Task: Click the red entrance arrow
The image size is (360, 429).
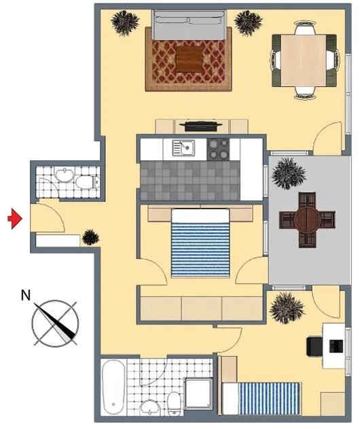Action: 15,219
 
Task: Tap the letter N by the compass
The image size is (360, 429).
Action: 26,295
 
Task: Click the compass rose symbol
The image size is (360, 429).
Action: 55,323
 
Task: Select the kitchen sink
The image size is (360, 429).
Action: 183,148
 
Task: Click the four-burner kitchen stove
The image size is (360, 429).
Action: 218,149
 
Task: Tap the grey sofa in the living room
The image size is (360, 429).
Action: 189,25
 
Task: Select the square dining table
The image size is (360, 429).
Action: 304,60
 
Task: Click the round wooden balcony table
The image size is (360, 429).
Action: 307,220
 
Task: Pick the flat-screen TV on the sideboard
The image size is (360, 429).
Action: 201,127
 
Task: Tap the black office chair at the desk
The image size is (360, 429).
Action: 314,346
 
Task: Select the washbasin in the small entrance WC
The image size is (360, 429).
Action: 65,175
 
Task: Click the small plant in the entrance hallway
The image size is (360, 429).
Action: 90,237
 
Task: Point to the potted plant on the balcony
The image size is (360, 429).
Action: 288,174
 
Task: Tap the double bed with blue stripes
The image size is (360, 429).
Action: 200,243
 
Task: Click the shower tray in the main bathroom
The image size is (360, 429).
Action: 199,394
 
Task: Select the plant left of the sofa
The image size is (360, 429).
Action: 125,23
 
